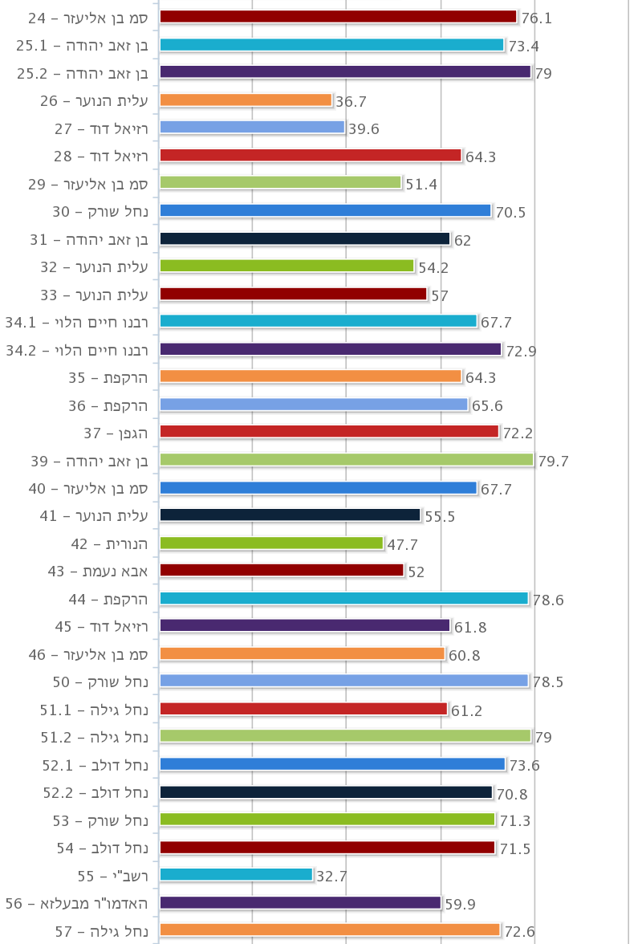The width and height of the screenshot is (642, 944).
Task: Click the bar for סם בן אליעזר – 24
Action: (x=338, y=17)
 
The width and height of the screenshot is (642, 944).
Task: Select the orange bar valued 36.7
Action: (x=246, y=100)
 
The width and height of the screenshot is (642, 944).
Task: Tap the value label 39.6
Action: (x=364, y=128)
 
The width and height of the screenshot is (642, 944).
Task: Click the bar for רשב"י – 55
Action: (x=236, y=875)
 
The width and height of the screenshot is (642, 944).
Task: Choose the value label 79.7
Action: (x=553, y=461)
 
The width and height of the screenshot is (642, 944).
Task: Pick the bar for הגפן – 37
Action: (x=329, y=432)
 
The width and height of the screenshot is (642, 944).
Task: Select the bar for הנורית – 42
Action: (x=271, y=543)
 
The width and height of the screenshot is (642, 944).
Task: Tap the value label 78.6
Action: (x=548, y=600)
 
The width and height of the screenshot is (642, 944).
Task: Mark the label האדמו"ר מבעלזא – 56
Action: (x=77, y=903)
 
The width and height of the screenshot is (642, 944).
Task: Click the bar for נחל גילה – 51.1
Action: (x=303, y=709)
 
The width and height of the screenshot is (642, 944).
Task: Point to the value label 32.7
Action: (x=331, y=877)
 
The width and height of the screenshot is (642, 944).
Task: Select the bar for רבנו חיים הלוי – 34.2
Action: (x=330, y=349)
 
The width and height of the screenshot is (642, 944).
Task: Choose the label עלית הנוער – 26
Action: (x=95, y=100)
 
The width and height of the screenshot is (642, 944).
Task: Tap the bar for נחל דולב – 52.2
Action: (x=326, y=792)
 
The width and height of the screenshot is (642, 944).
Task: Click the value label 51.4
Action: (x=421, y=185)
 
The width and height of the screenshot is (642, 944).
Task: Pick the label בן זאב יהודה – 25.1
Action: (x=83, y=45)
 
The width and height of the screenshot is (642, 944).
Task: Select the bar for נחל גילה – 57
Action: (x=329, y=930)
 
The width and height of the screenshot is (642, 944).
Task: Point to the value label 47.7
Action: (x=403, y=545)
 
